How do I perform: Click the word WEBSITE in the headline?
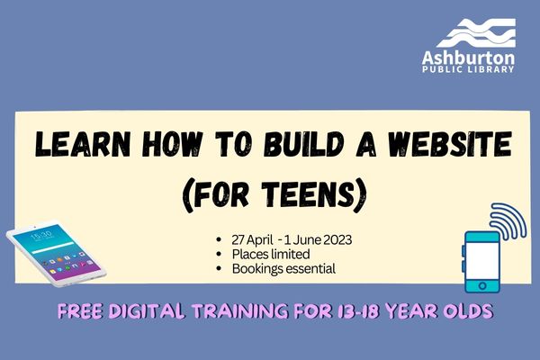(x=450, y=144)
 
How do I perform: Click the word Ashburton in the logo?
(x=468, y=58)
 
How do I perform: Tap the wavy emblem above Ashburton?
(x=476, y=33)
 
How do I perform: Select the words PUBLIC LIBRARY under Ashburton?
(x=468, y=69)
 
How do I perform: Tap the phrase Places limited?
(x=271, y=254)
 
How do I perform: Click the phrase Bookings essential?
(x=283, y=269)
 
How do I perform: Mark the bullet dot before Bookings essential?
(x=219, y=269)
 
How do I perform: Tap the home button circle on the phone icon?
(x=482, y=285)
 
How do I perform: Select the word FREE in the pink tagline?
(x=80, y=311)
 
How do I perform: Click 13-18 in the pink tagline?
(x=356, y=311)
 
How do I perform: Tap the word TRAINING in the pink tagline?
(x=239, y=311)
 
